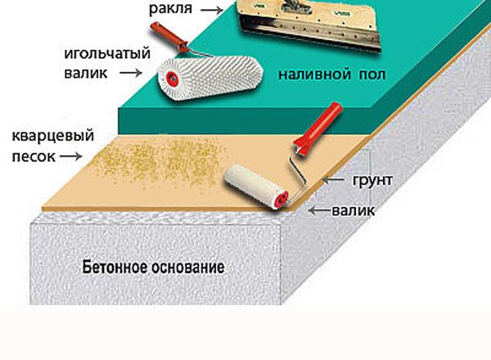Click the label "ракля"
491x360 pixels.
[x=170, y=9]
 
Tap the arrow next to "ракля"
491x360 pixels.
[x=212, y=10]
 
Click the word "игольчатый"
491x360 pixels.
[x=107, y=54]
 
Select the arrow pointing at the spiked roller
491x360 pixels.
[x=131, y=73]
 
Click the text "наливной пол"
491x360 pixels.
[x=332, y=74]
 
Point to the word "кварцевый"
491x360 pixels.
[x=53, y=136]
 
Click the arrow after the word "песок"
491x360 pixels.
[x=70, y=156]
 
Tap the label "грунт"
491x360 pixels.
[x=372, y=180]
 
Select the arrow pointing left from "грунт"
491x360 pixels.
[x=333, y=180]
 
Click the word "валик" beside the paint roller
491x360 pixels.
[x=354, y=210]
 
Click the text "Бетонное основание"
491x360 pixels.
[x=154, y=268]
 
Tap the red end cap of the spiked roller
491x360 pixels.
[x=172, y=79]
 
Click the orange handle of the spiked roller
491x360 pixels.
[x=169, y=37]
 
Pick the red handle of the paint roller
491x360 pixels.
[x=318, y=128]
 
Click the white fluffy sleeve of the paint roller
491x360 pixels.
[x=253, y=184]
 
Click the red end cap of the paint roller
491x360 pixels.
[x=281, y=200]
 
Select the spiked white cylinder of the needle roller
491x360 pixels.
[x=209, y=79]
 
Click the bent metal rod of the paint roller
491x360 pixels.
[x=298, y=178]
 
